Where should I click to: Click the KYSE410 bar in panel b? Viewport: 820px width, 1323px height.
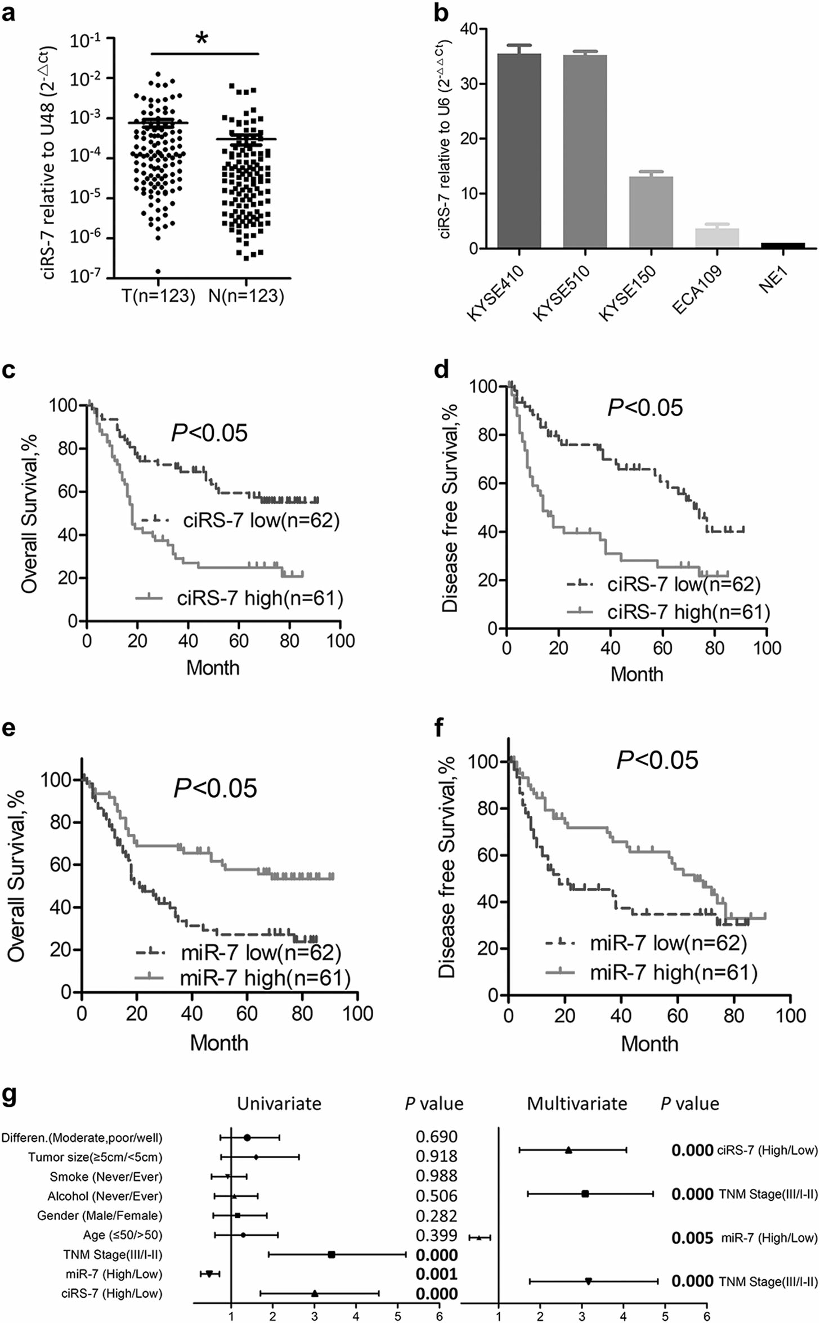519,151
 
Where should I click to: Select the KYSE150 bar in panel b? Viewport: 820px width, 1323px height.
651,212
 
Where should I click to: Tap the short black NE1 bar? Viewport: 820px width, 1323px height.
783,245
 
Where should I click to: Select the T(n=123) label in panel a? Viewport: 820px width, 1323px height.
158,296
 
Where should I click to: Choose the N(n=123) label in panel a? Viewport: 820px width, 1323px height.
246,296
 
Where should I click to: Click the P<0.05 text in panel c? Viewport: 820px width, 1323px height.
209,433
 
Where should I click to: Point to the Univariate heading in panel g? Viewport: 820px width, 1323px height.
279,1104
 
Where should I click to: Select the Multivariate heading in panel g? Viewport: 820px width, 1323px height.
577,1104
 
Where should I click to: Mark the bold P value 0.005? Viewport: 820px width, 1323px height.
692,1238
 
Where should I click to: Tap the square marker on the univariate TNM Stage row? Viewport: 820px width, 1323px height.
331,1255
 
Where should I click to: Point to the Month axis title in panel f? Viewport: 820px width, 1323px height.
649,1044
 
